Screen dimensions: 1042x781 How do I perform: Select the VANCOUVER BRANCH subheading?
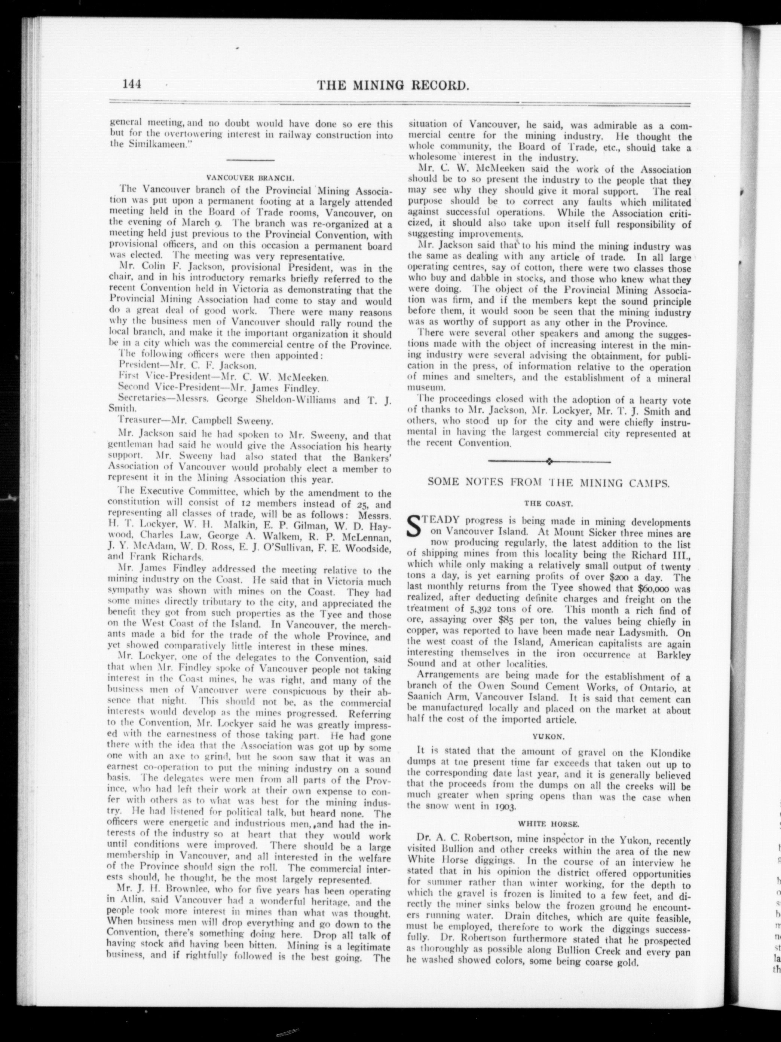click(x=251, y=178)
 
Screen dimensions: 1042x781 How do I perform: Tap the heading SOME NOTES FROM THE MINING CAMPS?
click(x=548, y=482)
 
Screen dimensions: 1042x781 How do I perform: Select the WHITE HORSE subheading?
click(x=548, y=824)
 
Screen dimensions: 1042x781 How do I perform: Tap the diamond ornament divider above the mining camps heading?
click(x=549, y=461)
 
